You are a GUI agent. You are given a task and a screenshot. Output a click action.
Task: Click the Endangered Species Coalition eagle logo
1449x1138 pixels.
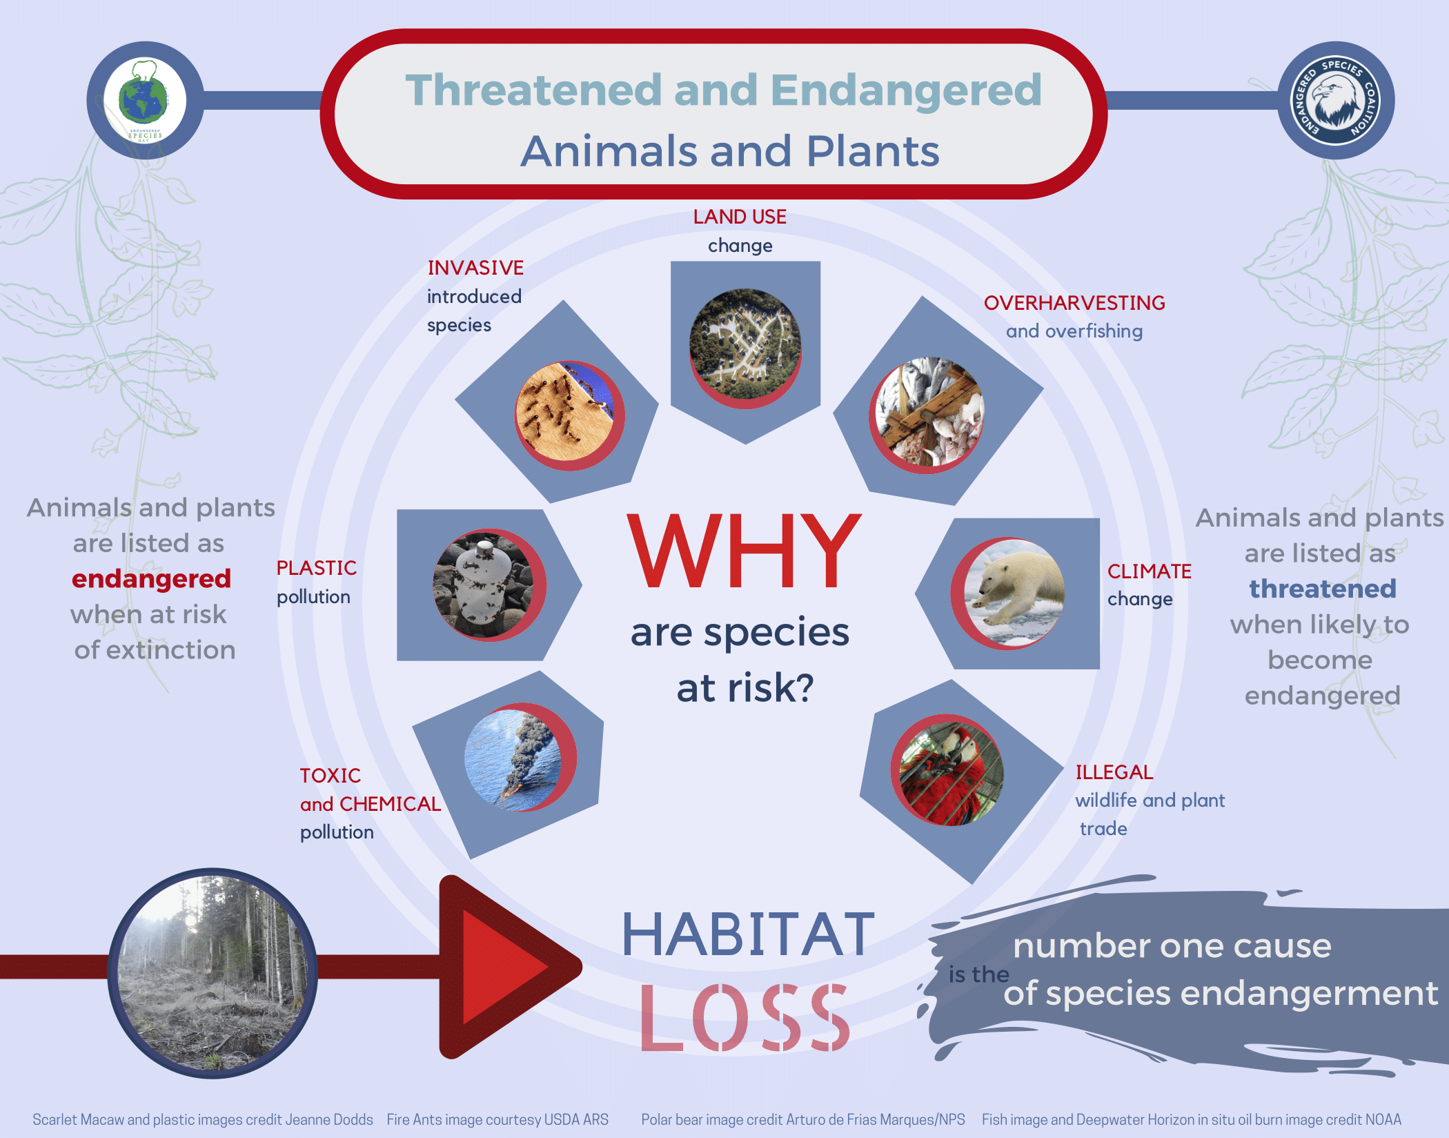(1335, 101)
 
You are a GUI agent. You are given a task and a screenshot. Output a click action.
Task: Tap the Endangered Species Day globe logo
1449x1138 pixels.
(145, 101)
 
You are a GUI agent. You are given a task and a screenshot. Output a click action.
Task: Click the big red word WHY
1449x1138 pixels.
(745, 552)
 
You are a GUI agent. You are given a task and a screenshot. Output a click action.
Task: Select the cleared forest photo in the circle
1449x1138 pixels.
(213, 973)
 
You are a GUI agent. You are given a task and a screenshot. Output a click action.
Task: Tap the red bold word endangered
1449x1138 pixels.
(151, 578)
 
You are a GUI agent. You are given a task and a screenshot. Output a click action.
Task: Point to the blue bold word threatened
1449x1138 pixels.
(1323, 589)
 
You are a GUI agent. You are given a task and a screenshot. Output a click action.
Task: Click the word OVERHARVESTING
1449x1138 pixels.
(1074, 303)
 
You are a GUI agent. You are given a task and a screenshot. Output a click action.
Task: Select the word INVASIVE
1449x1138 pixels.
(475, 268)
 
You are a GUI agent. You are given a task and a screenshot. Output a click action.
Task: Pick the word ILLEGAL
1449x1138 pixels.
(1114, 772)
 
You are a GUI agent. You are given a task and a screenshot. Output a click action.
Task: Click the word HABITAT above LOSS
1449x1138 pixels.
(749, 934)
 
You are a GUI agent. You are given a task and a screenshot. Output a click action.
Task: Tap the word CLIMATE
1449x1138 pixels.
(1150, 571)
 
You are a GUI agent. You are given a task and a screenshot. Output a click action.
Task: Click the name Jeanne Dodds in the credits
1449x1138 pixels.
(329, 1119)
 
